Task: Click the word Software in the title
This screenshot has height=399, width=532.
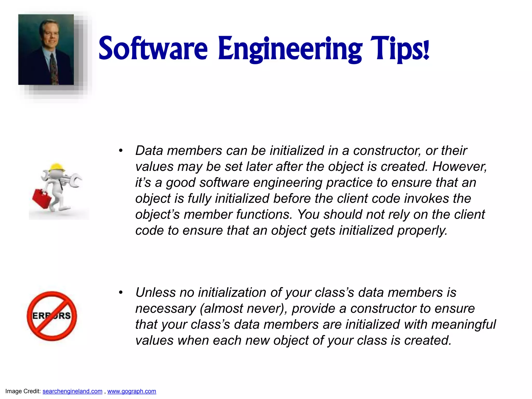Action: click(x=153, y=49)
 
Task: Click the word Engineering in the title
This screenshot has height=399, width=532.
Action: click(x=290, y=49)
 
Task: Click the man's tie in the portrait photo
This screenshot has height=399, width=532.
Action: click(x=54, y=69)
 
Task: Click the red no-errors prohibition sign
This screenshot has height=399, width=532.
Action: click(x=52, y=316)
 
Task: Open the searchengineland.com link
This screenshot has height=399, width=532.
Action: click(x=72, y=391)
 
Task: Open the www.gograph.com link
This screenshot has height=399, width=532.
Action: click(x=132, y=391)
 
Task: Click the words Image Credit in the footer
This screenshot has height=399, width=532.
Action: click(x=23, y=391)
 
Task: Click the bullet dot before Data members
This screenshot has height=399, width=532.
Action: click(x=121, y=151)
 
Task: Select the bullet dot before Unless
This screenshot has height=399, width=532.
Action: click(x=121, y=292)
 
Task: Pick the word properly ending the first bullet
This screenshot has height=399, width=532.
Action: click(x=422, y=231)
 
